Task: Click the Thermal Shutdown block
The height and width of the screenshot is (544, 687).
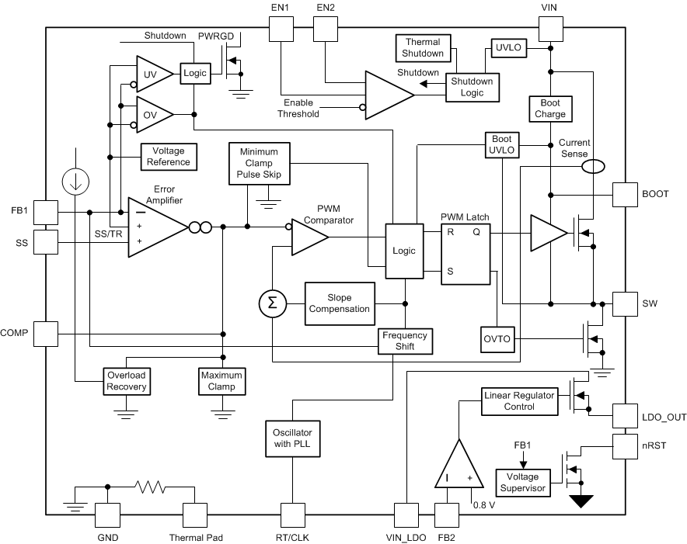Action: pos(423,47)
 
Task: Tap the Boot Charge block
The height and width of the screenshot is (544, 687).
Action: pos(550,109)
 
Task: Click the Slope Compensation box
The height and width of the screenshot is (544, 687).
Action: pos(339,303)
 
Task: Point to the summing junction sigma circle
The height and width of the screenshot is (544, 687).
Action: pos(272,303)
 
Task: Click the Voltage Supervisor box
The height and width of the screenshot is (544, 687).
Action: pos(522,482)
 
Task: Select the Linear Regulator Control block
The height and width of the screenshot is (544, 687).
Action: pos(519,400)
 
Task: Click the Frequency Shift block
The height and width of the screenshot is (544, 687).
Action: pos(404,341)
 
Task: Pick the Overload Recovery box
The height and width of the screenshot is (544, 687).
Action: pos(125,380)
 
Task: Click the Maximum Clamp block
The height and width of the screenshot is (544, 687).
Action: pos(221,380)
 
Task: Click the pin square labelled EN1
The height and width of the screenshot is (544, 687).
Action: pos(281,30)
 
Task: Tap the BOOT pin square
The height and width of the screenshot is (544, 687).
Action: pos(625,194)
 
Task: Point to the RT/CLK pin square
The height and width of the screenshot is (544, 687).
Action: pos(291,515)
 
